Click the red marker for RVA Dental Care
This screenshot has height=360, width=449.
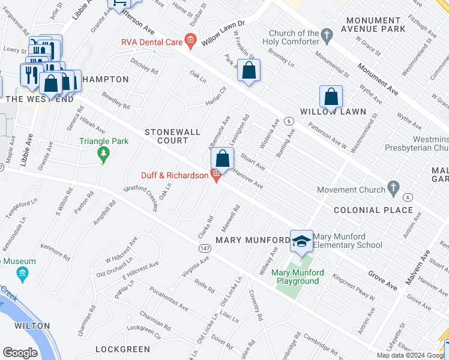190,41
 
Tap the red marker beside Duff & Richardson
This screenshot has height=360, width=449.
216,175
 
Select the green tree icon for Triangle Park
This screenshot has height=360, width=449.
104,155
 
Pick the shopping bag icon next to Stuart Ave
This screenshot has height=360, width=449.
223,159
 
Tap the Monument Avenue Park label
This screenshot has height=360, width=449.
382,24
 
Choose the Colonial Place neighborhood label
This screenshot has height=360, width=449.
373,210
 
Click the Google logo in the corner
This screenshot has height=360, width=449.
20,353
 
